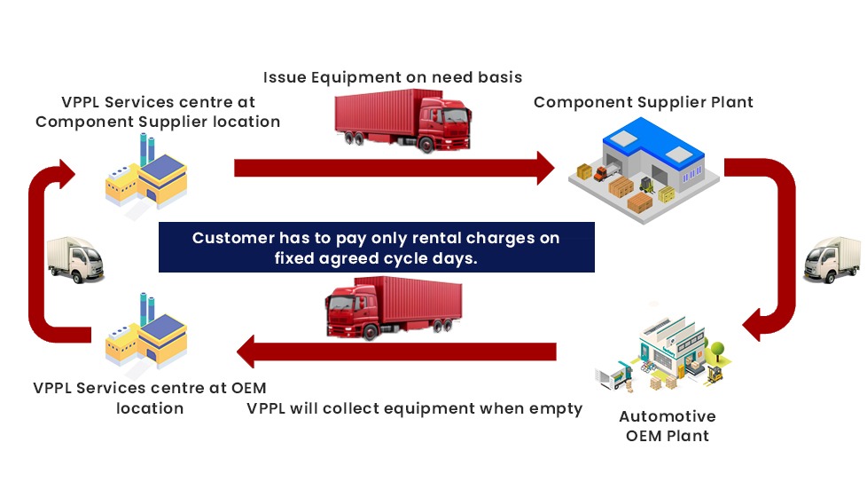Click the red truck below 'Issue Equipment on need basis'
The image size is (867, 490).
click(402, 121)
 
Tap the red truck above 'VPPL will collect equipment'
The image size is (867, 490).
click(394, 308)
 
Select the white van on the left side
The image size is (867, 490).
click(74, 260)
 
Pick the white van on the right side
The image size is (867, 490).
click(832, 260)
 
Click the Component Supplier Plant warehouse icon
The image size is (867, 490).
click(644, 170)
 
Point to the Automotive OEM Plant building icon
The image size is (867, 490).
click(663, 354)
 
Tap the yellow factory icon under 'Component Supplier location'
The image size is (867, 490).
click(146, 174)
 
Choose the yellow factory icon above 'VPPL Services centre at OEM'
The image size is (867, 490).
click(146, 332)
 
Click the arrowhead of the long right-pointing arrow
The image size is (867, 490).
click(545, 168)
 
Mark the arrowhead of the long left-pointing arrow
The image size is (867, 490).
click(246, 352)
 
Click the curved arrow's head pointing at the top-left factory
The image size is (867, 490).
click(66, 174)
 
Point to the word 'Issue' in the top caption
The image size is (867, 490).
click(285, 77)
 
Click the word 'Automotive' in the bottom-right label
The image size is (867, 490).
click(668, 416)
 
